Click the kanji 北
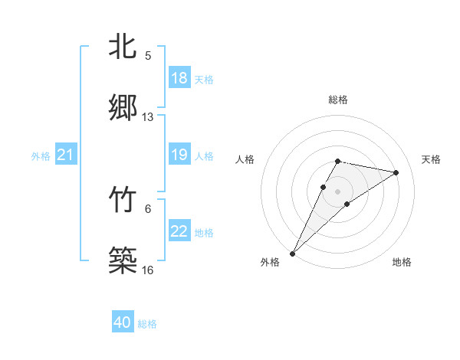point(123,47)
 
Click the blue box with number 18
point(179,78)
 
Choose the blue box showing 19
point(179,155)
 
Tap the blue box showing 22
point(179,231)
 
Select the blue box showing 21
point(65,155)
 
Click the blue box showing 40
point(122,323)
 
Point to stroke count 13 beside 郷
point(148,117)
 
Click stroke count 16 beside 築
point(148,270)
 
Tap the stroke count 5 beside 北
point(148,56)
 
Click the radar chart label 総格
point(337,100)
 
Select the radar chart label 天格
point(431,159)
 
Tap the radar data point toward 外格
point(293,253)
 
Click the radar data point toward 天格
point(396,172)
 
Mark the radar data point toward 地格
point(347,204)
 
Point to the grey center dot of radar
point(338,191)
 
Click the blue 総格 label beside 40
point(147,324)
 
